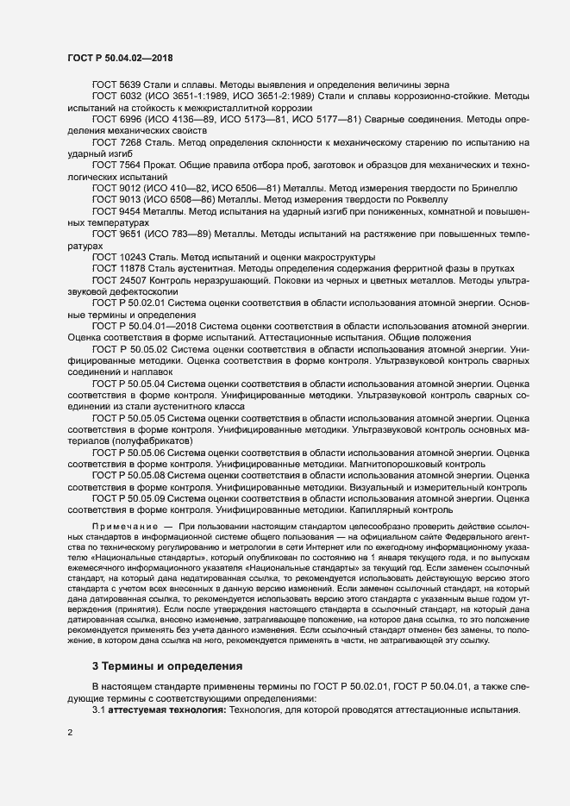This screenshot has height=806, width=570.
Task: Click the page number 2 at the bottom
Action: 70,732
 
